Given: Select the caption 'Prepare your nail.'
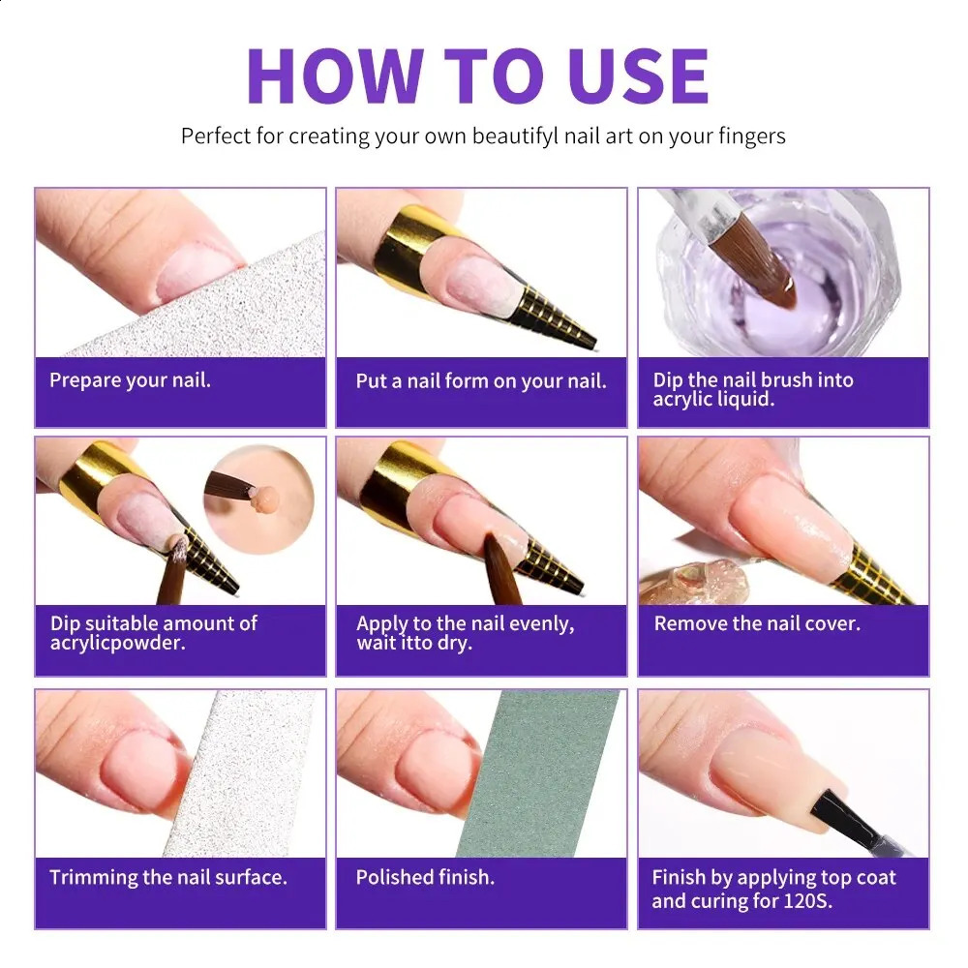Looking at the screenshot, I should tap(130, 380).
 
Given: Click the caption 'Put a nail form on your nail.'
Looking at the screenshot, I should tap(481, 381).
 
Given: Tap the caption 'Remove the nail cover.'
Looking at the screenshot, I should tap(757, 624).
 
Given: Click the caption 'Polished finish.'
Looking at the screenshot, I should tap(425, 878).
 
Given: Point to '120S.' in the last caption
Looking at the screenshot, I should tap(806, 902).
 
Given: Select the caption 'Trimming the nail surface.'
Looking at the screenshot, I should tap(168, 878).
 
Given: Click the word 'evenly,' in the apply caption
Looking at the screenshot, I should tap(534, 624).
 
